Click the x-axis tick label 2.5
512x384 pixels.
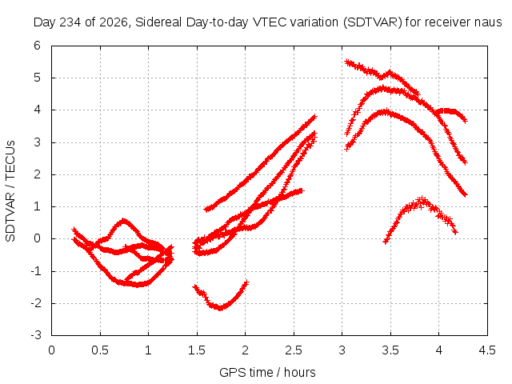pos(294,350)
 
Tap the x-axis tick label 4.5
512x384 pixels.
pos(487,350)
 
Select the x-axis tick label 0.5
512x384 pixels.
pos(99,350)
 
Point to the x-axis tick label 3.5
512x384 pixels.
pos(390,350)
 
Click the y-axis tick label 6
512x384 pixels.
pos(38,46)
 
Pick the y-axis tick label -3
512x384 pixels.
pos(35,335)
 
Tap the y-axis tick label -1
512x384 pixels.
pos(35,270)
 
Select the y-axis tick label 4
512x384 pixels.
pos(38,110)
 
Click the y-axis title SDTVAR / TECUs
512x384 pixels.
pos(10,191)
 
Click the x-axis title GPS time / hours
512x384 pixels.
pos(267,372)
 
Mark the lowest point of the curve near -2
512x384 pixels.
pos(220,308)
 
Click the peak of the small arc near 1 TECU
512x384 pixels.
pos(422,198)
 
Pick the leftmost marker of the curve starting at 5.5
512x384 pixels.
pos(347,62)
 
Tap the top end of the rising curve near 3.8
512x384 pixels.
pos(314,117)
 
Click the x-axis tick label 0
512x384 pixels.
pos(51,350)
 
